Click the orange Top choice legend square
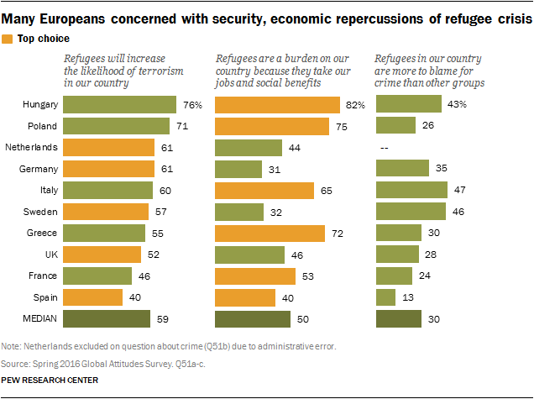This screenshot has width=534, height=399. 8,39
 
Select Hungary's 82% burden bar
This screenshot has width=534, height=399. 273,105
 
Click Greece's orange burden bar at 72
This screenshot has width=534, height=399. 270,233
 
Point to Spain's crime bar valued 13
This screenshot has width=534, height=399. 385,297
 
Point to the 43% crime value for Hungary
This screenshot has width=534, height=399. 458,105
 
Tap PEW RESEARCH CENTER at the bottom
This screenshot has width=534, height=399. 50,380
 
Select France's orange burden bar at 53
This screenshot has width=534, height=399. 255,276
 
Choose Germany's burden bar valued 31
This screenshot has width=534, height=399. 238,169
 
